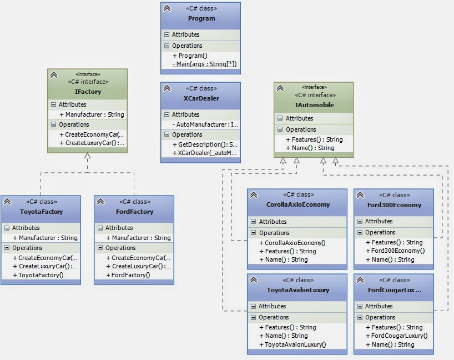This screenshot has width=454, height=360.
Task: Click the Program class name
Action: (201, 18)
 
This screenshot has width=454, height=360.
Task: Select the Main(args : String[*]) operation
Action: (205, 64)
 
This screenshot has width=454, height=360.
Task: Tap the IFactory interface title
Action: (88, 91)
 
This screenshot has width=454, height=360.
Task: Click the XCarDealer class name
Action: (201, 98)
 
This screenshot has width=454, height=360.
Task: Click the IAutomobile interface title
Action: (314, 105)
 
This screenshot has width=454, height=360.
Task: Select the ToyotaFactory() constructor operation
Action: (41, 275)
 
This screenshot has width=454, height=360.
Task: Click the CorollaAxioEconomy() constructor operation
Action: (295, 243)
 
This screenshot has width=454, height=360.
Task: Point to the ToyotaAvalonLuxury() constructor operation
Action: (295, 344)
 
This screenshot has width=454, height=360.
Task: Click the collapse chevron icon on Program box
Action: (167, 8)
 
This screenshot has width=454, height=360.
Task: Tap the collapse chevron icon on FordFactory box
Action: (100, 202)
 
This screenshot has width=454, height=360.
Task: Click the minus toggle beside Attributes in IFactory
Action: (53, 104)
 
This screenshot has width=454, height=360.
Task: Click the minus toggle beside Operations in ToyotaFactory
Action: (7, 248)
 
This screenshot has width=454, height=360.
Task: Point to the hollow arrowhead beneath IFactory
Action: (87, 156)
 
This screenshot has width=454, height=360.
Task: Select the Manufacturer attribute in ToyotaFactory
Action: (44, 238)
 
